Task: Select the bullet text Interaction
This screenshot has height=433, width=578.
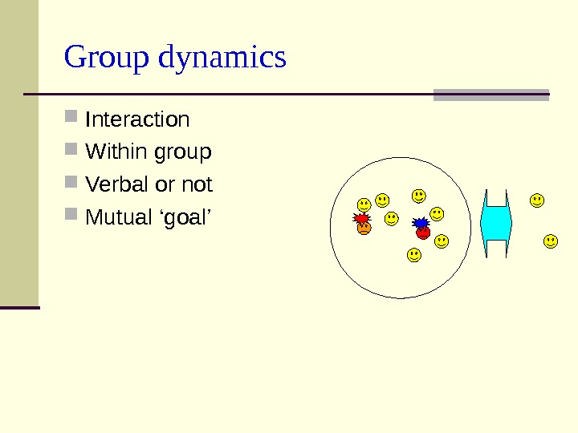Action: tap(137, 120)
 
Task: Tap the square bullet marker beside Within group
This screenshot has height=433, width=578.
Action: tap(71, 150)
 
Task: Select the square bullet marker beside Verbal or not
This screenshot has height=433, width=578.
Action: tap(71, 183)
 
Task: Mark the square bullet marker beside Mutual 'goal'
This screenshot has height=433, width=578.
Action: tap(71, 216)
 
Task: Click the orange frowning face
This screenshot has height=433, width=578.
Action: tap(364, 229)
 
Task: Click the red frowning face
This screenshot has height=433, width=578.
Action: tap(424, 233)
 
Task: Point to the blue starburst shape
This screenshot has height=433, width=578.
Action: tap(421, 223)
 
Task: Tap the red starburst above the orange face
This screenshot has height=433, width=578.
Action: tap(362, 218)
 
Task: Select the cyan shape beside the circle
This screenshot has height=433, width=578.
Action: tap(495, 224)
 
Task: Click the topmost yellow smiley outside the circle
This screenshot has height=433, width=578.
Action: tap(537, 200)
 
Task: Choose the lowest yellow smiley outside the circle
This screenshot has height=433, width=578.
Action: tap(551, 241)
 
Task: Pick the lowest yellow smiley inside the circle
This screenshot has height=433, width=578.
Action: tap(413, 255)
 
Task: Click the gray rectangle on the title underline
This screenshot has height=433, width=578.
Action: tap(490, 95)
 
